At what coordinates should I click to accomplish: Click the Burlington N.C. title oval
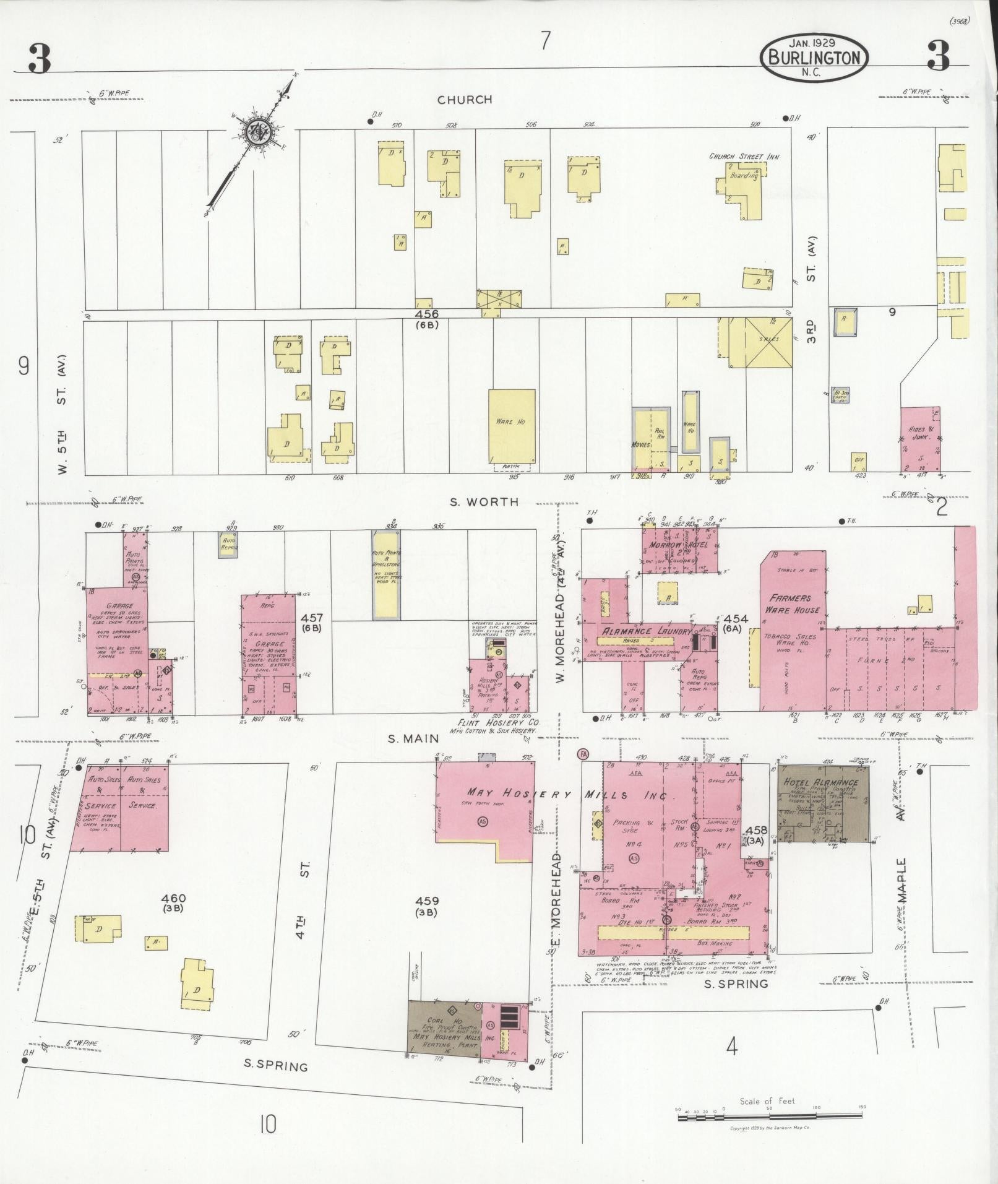tap(814, 57)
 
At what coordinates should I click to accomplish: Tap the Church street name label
tap(465, 100)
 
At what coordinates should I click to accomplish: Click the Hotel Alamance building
tap(823, 802)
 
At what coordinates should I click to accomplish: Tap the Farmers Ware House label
tap(794, 604)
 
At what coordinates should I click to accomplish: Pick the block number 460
tap(173, 898)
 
